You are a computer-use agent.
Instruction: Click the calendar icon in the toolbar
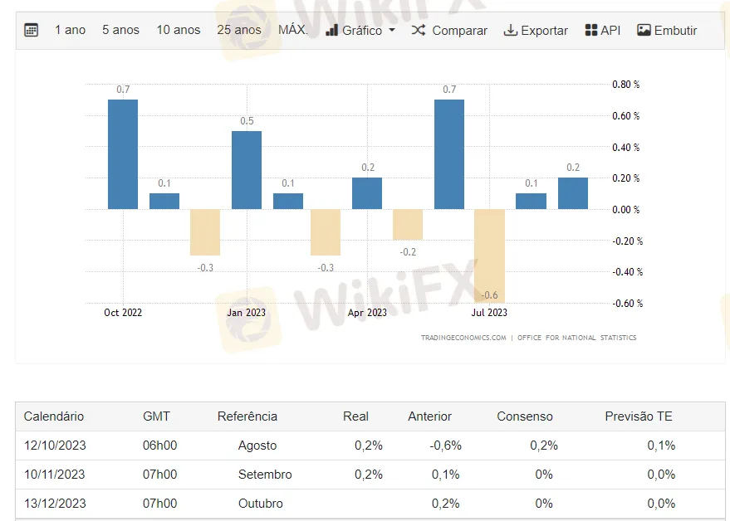tap(32, 31)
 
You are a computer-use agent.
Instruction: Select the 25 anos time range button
tap(239, 30)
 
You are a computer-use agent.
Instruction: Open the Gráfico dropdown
tap(360, 31)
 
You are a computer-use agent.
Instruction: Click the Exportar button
tap(536, 31)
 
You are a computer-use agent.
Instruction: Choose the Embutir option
tap(667, 31)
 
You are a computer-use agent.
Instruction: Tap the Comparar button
tap(449, 31)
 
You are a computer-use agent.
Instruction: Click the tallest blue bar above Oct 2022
tap(123, 154)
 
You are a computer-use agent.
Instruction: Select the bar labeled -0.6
tap(490, 256)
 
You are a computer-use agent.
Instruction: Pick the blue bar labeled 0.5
tap(247, 170)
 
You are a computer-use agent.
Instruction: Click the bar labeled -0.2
tap(408, 224)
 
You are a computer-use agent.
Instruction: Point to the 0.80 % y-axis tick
tap(625, 85)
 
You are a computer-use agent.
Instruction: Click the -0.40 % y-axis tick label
tap(627, 272)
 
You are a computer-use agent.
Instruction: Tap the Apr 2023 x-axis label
tap(367, 313)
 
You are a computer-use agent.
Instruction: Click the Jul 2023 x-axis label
tap(489, 313)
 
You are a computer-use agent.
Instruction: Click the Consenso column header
tap(524, 416)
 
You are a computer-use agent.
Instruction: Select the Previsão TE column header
tap(639, 416)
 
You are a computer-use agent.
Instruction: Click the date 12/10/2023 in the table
tap(55, 446)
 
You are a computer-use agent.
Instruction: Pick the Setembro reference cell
tap(264, 475)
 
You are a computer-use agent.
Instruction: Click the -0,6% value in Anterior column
tap(445, 446)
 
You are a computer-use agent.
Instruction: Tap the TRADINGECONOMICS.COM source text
tap(463, 338)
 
